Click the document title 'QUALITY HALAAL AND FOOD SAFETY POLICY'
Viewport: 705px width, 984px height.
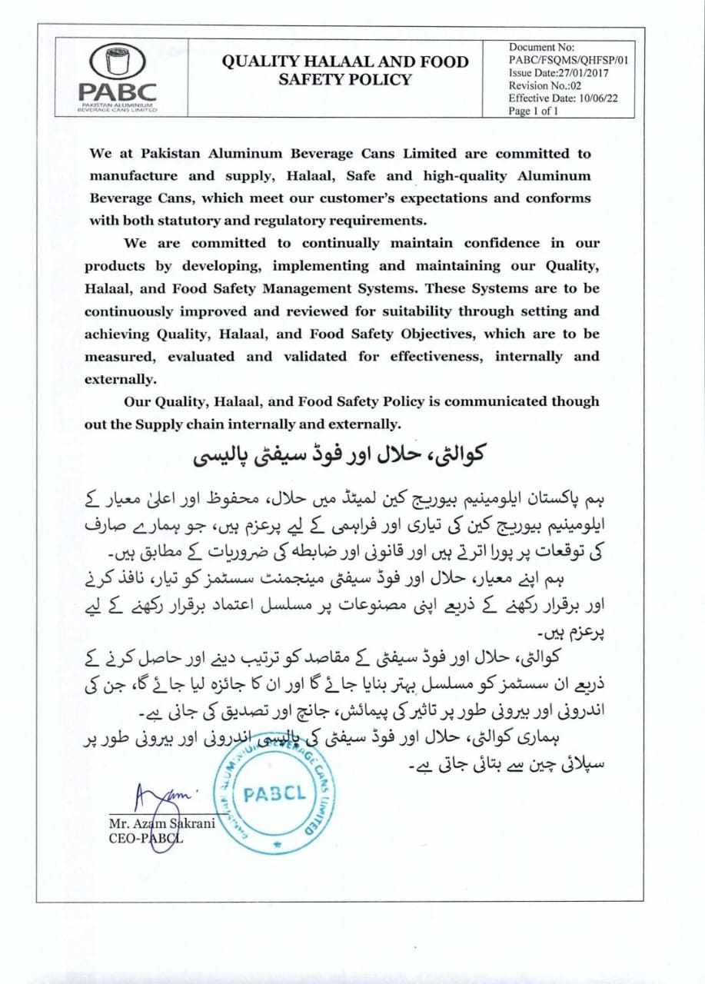345,70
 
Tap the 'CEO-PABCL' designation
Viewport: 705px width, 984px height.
145,838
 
